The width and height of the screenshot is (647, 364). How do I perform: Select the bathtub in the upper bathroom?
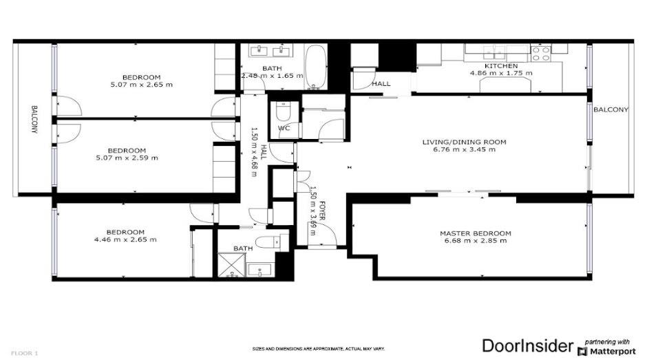[x=316, y=67]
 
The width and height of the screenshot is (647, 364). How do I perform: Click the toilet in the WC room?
[x=282, y=111]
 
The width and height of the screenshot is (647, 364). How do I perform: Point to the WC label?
[x=284, y=129]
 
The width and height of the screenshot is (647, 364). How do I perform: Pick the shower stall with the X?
[x=228, y=264]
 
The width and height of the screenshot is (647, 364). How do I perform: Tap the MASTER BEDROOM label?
[x=475, y=233]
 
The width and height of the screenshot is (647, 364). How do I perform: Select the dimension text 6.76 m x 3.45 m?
[x=463, y=150]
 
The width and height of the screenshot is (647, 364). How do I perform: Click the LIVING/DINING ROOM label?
[x=464, y=142]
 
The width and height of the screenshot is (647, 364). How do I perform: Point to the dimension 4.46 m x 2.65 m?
[x=125, y=240]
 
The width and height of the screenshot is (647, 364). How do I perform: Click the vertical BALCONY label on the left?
[x=33, y=121]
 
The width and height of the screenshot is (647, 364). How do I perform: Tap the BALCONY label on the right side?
[x=610, y=109]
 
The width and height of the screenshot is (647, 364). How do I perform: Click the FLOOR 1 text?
[x=23, y=353]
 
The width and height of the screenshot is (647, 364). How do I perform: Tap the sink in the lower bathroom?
[x=255, y=270]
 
